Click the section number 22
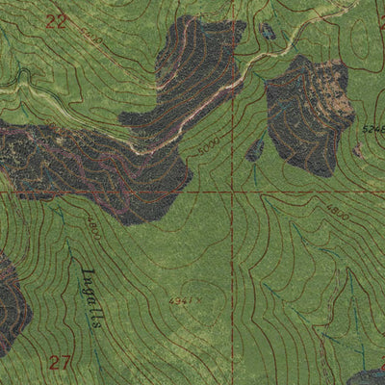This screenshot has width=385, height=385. [57, 21]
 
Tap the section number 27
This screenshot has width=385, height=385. [61, 362]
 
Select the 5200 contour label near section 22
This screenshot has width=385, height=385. [91, 38]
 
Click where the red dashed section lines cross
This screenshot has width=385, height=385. [232, 192]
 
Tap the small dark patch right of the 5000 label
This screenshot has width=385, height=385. [255, 150]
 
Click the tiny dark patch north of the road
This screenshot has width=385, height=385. [268, 32]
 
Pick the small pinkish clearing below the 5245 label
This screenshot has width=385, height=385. [358, 150]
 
